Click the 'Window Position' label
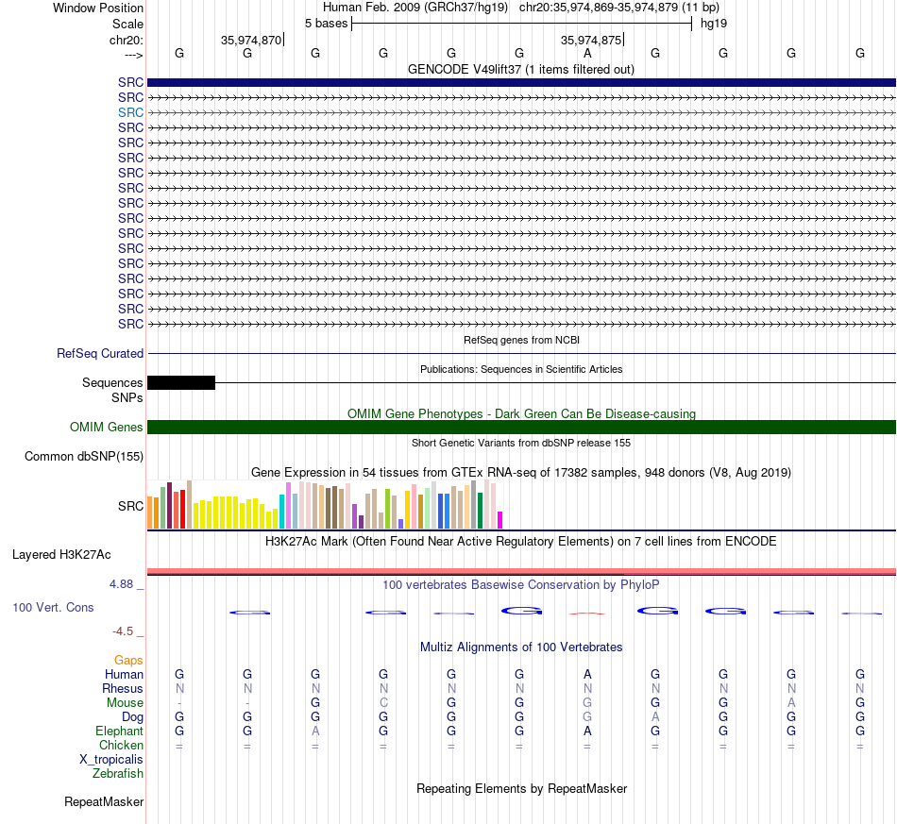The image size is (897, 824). pyautogui.click(x=98, y=8)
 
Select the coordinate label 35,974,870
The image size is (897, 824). pyautogui.click(x=251, y=40)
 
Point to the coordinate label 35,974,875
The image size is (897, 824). pyautogui.click(x=591, y=40)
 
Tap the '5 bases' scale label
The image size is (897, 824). pyautogui.click(x=326, y=24)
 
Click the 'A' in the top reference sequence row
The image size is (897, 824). pyautogui.click(x=587, y=53)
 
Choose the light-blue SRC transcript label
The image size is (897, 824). pyautogui.click(x=130, y=112)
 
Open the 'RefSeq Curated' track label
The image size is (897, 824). pyautogui.click(x=100, y=353)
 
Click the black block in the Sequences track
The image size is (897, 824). pyautogui.click(x=181, y=382)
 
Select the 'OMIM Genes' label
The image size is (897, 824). pyautogui.click(x=107, y=428)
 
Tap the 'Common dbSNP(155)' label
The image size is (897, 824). pyautogui.click(x=84, y=456)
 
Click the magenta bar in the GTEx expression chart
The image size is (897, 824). pyautogui.click(x=499, y=520)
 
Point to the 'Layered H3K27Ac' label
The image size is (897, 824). pyautogui.click(x=61, y=555)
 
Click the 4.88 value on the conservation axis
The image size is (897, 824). pyautogui.click(x=121, y=584)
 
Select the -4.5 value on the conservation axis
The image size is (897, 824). pyautogui.click(x=123, y=631)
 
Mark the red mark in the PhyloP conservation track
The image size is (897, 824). pyautogui.click(x=587, y=614)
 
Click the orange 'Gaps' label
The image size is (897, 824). pyautogui.click(x=128, y=661)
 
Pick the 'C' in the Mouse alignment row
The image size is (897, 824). pyautogui.click(x=383, y=703)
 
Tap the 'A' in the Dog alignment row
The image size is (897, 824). pyautogui.click(x=655, y=717)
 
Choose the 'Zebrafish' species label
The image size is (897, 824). pyautogui.click(x=118, y=774)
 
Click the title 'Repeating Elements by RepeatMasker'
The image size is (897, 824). pyautogui.click(x=522, y=788)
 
